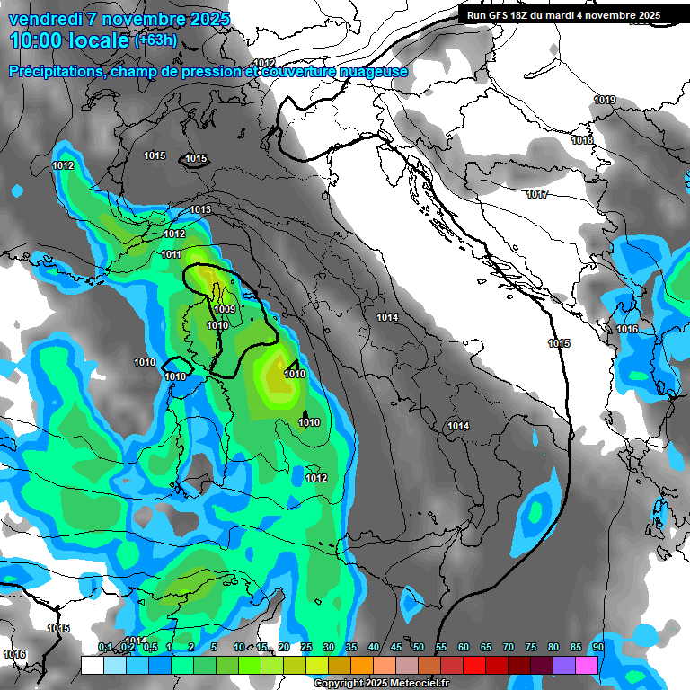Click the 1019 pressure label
coord(605,100)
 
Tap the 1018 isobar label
coord(582,140)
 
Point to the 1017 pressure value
coord(537,194)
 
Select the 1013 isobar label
coord(200,209)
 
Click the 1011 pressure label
coord(172,254)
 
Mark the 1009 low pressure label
coord(225,309)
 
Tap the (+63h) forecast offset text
coord(155,40)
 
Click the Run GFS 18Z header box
coord(563,14)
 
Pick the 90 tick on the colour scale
coord(597,647)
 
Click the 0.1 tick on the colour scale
coord(105,647)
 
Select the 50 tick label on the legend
coord(419,647)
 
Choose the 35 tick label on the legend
coord(351,647)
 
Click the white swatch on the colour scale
coord(92,665)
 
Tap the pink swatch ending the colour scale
coord(587,665)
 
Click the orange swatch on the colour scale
coord(362,665)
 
